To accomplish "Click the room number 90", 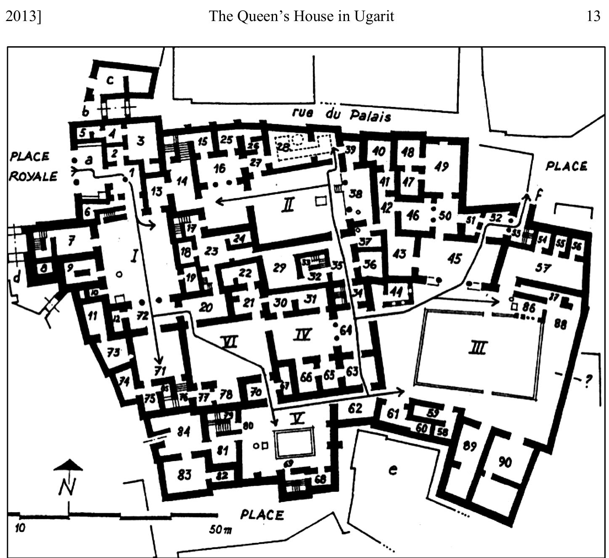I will click(x=505, y=462).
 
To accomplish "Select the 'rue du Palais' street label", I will click(x=341, y=114).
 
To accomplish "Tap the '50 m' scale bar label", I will click(x=220, y=529).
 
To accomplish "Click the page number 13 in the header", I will click(x=593, y=16).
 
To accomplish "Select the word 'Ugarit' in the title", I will click(x=373, y=16).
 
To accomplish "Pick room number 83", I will click(x=184, y=475).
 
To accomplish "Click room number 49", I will click(x=441, y=167).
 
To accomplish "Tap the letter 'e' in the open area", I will click(x=392, y=470).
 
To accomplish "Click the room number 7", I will click(x=71, y=241).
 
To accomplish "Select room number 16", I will click(x=219, y=169).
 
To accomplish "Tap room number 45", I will click(x=454, y=258).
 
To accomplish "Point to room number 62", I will click(x=355, y=408).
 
